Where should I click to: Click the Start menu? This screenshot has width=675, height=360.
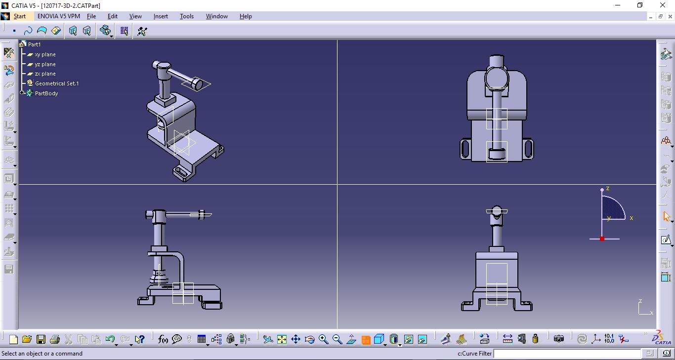point(19,16)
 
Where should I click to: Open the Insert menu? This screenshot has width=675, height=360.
point(161,16)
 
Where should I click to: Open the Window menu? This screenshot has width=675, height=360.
point(216,16)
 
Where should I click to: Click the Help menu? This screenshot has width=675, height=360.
point(246,16)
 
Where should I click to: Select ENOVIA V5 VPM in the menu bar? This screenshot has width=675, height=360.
point(58,16)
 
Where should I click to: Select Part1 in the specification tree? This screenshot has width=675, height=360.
point(34,44)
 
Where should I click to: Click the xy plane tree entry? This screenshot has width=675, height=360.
point(45,54)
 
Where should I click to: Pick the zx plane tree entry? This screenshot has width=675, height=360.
point(45,74)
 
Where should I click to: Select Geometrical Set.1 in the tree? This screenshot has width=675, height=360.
point(57,83)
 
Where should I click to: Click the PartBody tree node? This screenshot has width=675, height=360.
point(46,93)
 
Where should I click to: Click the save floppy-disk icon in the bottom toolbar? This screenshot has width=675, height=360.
point(41,339)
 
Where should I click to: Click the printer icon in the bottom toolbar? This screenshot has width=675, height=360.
point(55,339)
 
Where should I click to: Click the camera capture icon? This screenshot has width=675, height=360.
point(559,339)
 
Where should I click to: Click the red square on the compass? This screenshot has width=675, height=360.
point(602,239)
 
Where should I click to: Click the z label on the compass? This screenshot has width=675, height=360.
point(608,189)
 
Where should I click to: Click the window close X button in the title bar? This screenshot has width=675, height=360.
point(663,5)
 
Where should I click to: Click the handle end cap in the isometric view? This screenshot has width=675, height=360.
point(196,85)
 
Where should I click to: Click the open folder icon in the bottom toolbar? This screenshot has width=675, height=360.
point(27,339)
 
